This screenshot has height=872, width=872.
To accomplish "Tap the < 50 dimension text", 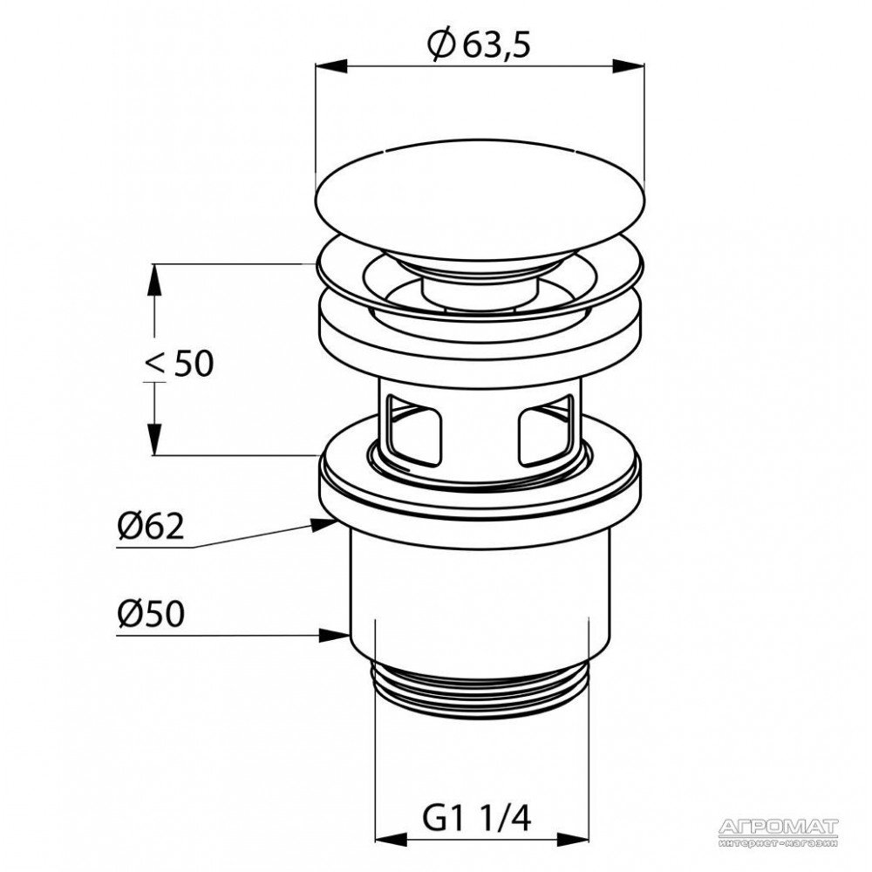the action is [x=179, y=364].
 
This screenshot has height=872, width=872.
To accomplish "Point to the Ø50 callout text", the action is [x=150, y=614].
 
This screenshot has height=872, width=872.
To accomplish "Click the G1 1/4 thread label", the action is [x=478, y=818].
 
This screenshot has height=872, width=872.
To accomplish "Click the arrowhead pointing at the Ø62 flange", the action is [x=324, y=524].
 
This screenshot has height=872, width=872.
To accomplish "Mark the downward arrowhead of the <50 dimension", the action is [x=154, y=439].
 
